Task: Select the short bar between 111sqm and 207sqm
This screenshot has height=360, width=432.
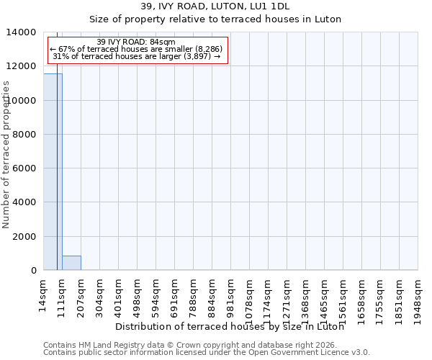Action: click(71, 263)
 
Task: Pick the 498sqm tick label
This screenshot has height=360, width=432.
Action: click(137, 294)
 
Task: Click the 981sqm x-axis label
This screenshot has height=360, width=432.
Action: click(230, 294)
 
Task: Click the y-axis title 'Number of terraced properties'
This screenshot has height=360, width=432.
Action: click(6, 154)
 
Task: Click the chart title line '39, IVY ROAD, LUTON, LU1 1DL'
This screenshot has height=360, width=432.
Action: click(215, 7)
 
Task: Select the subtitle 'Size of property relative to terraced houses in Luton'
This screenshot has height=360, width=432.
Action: click(215, 19)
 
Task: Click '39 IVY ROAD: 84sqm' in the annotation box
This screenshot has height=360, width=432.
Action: click(135, 42)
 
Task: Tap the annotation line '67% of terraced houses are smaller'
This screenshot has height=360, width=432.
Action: click(135, 49)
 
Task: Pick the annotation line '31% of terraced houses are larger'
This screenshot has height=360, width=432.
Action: click(135, 56)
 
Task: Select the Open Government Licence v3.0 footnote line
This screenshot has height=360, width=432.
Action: click(206, 352)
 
